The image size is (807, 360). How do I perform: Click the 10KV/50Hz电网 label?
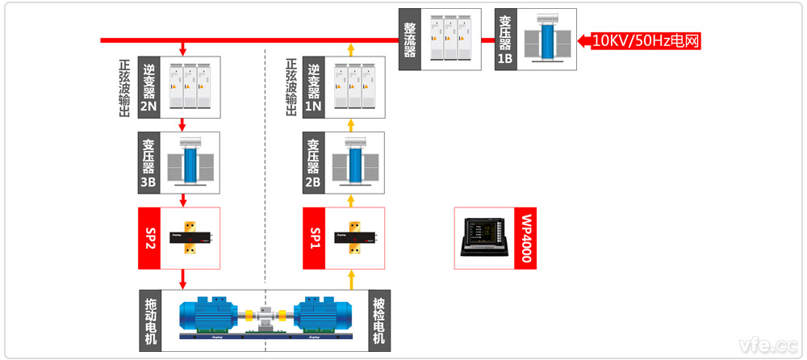click(645, 40)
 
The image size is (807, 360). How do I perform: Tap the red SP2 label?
click(149, 238)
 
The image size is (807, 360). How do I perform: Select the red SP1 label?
click(313, 238)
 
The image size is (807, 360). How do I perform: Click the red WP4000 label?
click(526, 238)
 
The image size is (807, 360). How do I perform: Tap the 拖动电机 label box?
click(149, 320)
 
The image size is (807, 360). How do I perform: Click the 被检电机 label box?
click(378, 320)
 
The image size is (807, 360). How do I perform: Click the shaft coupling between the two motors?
click(266, 313)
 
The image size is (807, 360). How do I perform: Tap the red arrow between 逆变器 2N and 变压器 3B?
click(183, 125)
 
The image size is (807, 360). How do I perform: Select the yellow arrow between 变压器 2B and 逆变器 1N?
click(350, 125)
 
